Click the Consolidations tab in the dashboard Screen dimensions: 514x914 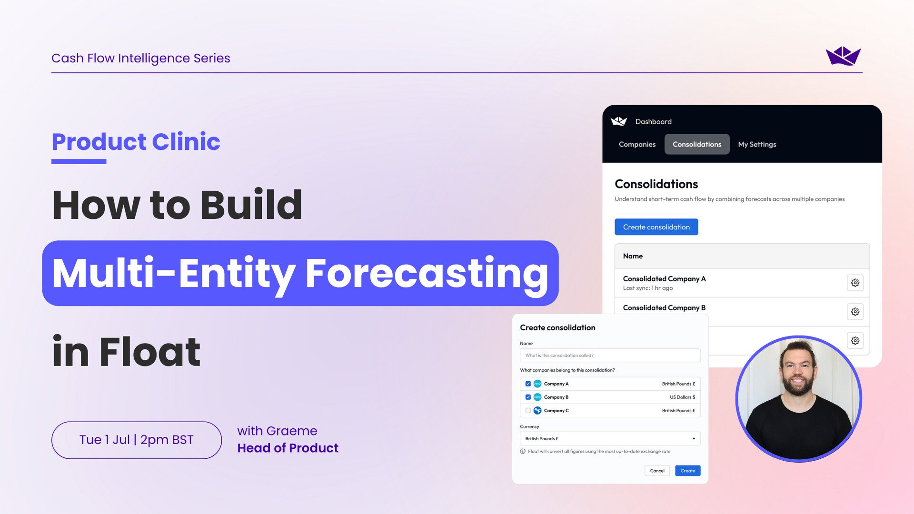[696, 144]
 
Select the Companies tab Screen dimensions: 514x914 [637, 144]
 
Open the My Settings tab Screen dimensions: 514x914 [757, 144]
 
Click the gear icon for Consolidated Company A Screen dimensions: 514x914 [855, 283]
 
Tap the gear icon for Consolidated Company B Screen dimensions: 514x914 [855, 312]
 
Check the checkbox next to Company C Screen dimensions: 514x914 [528, 410]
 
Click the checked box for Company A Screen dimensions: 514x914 [528, 384]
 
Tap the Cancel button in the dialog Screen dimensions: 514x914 [657, 471]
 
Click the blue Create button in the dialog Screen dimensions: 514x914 [687, 471]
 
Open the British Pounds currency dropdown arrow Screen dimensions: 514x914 [694, 438]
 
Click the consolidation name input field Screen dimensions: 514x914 [610, 356]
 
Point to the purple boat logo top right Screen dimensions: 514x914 [843, 56]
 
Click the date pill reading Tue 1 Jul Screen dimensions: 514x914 [136, 440]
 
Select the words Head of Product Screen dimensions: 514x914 [288, 448]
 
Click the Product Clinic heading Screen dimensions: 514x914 [136, 142]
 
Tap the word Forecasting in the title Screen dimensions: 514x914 [427, 273]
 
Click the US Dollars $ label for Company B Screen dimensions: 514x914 [682, 397]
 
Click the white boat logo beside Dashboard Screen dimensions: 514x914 [619, 121]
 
